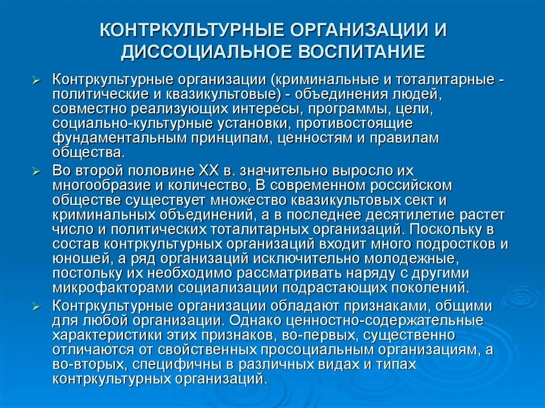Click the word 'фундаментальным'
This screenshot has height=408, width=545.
113,138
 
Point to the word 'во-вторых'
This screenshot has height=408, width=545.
85,365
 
